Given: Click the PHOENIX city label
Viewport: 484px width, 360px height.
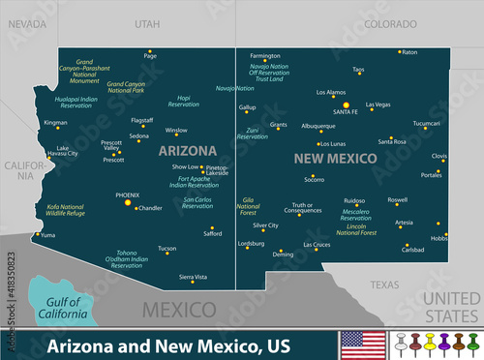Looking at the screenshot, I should (x=128, y=195).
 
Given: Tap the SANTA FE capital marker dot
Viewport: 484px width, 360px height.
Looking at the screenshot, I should (x=346, y=105).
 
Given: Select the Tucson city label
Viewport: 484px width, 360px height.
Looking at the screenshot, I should (x=167, y=248).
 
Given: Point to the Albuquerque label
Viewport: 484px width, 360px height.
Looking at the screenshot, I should (x=318, y=125).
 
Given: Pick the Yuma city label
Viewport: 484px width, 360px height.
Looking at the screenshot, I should (x=47, y=234).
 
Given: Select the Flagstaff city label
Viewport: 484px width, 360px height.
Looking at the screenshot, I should (x=141, y=120).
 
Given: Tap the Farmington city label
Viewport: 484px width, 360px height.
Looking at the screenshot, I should (x=265, y=55).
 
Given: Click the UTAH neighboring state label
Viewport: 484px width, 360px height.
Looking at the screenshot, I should (x=148, y=20).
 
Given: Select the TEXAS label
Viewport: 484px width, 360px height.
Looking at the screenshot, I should (x=384, y=285).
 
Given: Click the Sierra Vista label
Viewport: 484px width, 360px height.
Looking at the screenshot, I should (x=194, y=277).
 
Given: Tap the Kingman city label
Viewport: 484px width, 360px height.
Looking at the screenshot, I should (x=56, y=123).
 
